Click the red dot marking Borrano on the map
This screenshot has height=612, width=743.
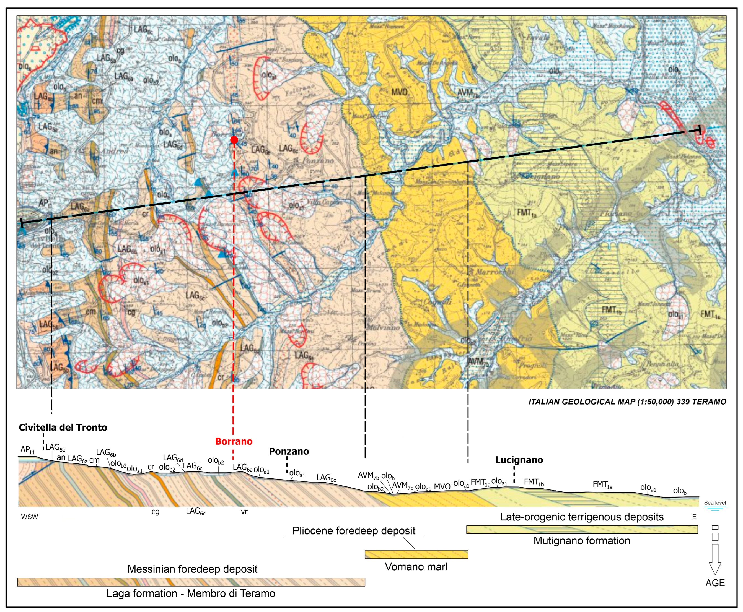pos(234,140)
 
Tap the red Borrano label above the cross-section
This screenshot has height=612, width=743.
pos(234,441)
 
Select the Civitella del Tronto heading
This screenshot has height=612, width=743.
pos(63,427)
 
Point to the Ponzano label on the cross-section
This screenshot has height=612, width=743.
pos(289,451)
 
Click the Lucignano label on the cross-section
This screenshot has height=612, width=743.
pos(519,460)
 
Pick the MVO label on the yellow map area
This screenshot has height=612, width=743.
pos(399,92)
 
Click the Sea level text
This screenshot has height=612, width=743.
pos(715,503)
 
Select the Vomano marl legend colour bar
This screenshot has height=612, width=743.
pos(416,554)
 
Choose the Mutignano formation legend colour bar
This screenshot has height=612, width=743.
pos(581,530)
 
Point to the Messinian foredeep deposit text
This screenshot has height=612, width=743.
pos(192,569)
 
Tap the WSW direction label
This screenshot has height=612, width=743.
pos(29,517)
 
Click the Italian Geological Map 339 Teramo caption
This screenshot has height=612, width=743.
pos(627,402)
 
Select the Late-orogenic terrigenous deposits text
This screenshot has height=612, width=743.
pos(581,517)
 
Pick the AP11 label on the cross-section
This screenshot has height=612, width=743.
pos(27,449)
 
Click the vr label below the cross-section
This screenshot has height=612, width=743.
pos(244,511)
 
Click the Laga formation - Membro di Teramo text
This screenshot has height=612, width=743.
pos(191,593)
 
